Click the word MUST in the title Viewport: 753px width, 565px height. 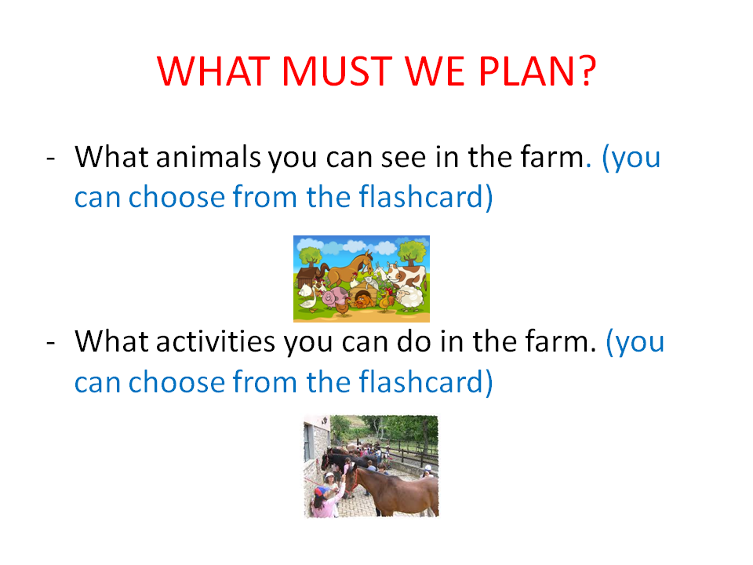click(x=337, y=71)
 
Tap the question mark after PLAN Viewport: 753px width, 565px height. click(x=587, y=71)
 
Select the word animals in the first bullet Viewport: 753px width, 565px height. click(x=209, y=157)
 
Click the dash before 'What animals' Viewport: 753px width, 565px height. click(x=51, y=158)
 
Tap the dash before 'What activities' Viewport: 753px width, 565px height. click(x=51, y=343)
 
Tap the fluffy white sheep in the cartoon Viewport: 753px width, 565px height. click(x=409, y=297)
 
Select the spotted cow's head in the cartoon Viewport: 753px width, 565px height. click(x=395, y=272)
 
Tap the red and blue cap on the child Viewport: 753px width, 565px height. click(x=322, y=491)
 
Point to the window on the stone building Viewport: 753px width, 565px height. click(x=307, y=443)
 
